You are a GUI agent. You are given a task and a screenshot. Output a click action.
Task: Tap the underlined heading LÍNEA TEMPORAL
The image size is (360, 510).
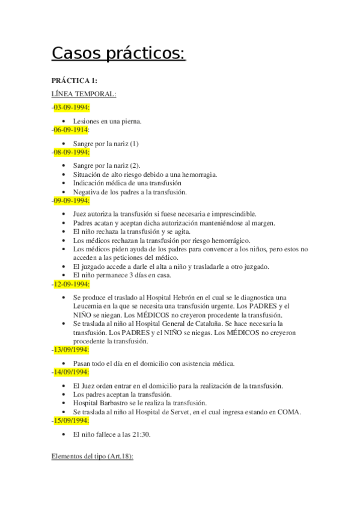[84, 94]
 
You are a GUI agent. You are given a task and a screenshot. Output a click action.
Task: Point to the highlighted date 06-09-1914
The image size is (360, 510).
[70, 129]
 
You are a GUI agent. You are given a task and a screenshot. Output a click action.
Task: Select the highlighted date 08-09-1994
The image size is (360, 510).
[71, 152]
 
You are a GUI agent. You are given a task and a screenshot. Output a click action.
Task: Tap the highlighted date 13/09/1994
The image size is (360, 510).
[71, 349]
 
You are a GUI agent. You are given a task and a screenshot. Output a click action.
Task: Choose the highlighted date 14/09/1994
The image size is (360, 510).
[71, 372]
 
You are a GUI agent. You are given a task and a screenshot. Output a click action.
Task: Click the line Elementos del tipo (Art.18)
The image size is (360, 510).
[92, 457]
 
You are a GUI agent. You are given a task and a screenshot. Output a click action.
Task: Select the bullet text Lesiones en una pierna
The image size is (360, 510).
[107, 121]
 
